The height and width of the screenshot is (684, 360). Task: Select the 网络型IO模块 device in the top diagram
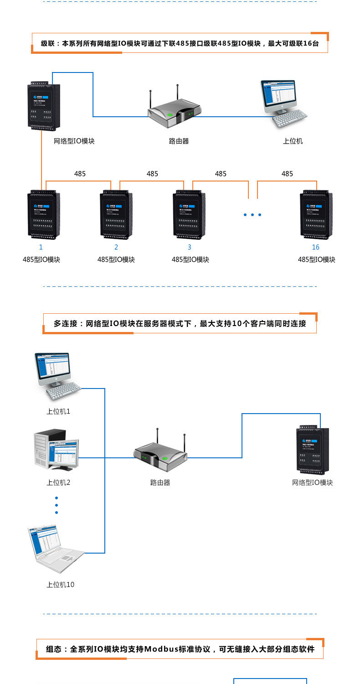[x=44, y=106]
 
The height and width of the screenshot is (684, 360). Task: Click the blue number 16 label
[x=316, y=247]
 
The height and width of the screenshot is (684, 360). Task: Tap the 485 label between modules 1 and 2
[x=80, y=174]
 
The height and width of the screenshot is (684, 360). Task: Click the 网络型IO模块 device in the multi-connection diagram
[x=313, y=450]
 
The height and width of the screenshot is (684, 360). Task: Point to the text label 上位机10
[x=60, y=585]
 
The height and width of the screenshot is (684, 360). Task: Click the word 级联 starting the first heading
[x=47, y=44]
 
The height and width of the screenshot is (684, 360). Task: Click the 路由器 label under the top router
[x=179, y=141]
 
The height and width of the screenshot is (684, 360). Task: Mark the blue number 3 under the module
[x=190, y=247]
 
